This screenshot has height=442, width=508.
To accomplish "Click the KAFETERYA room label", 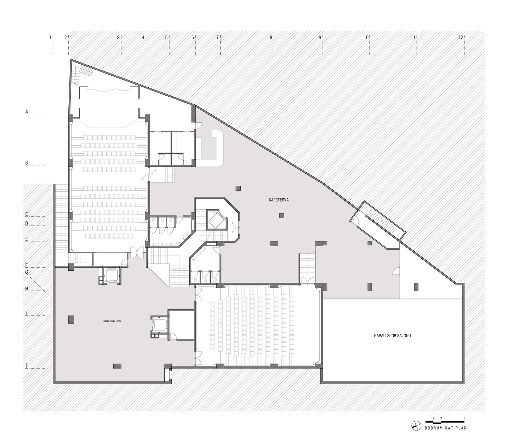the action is [x=279, y=200].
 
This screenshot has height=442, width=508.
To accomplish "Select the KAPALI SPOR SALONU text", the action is [x=392, y=336].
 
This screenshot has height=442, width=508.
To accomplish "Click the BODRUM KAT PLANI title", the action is [x=447, y=427].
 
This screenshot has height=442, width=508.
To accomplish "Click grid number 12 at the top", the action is [x=461, y=38].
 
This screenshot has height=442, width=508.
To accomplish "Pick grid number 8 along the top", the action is [x=271, y=38].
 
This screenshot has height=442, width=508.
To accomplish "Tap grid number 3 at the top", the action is [x=118, y=38].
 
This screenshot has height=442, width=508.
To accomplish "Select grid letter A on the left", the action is [x=27, y=112].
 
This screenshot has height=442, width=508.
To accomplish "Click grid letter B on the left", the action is [x=27, y=163].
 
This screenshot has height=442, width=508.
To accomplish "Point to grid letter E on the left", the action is [x=27, y=239].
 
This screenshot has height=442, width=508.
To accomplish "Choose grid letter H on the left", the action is [x=27, y=289].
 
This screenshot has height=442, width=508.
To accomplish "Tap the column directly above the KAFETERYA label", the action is [x=238, y=188].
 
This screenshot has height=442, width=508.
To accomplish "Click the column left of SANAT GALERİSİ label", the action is [x=71, y=319].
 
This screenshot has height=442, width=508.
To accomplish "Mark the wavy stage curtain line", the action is [x=108, y=90].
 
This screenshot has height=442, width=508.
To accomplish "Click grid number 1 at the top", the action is [x=50, y=38].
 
